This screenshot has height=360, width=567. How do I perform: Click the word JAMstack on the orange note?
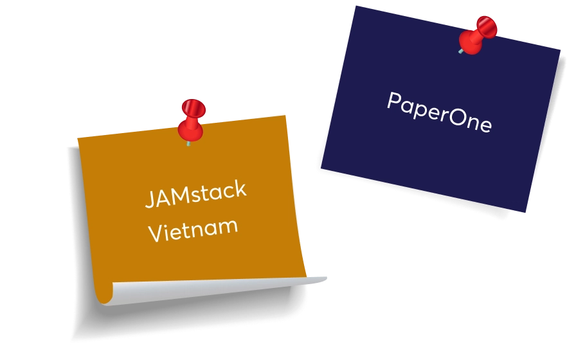(195, 194)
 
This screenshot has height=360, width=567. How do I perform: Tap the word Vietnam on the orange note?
(193, 230)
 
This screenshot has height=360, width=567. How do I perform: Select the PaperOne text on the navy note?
(439, 112)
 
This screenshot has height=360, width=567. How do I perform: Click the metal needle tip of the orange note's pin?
(188, 144)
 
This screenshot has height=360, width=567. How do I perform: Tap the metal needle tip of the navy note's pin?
(461, 51)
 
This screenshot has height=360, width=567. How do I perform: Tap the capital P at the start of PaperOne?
(394, 100)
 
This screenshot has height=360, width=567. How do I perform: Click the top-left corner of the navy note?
(356, 6)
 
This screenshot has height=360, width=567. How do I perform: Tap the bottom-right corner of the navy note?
(525, 212)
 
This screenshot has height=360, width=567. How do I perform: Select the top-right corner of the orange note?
(285, 116)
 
